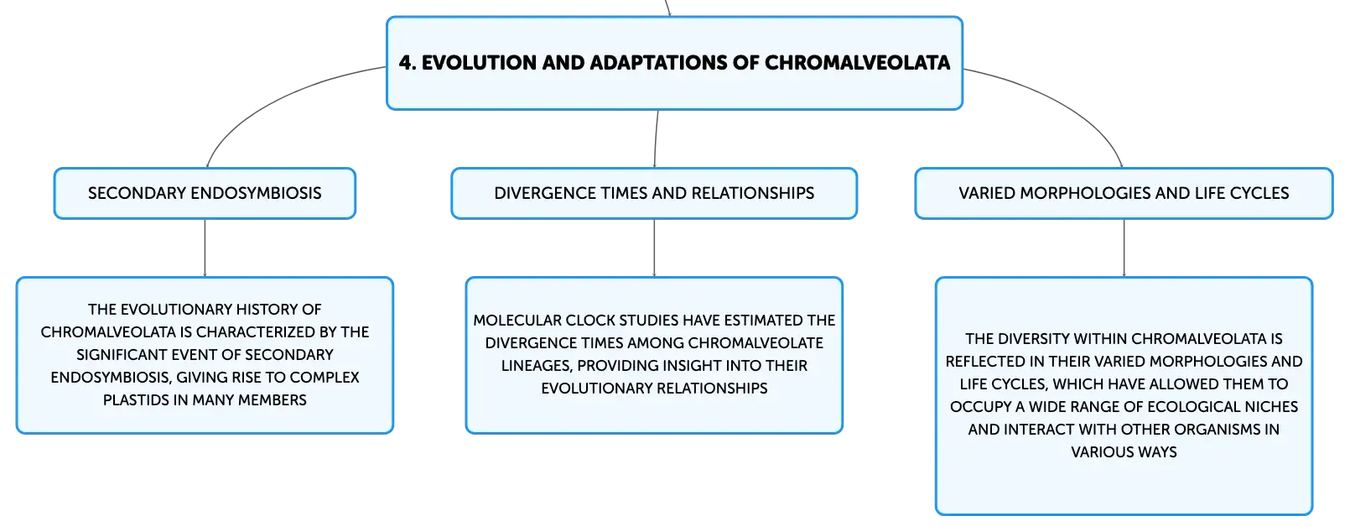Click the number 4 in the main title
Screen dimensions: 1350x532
point(406,63)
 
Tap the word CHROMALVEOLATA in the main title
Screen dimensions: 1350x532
point(857,63)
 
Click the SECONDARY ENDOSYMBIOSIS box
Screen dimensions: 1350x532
point(205,193)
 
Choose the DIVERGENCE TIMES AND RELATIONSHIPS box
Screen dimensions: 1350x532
point(654,193)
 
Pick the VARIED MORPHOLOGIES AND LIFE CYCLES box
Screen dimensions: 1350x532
point(1124,193)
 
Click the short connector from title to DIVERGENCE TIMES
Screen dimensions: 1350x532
point(656,138)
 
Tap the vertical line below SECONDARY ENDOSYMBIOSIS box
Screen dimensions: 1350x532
point(205,248)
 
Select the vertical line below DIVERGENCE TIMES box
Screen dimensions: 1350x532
point(654,248)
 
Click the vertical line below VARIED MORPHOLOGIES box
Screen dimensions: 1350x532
point(1124,248)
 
